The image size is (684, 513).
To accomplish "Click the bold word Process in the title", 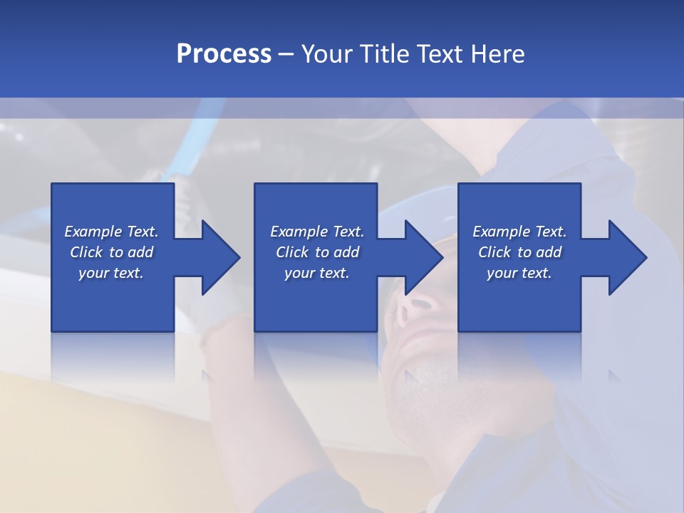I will (224, 54).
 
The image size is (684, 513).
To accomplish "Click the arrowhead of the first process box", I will (220, 257).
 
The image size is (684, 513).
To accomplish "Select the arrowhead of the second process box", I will (423, 257).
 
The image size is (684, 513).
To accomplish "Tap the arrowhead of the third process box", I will (627, 257).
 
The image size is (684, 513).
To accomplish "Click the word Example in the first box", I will (93, 232).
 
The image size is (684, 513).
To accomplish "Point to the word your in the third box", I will (502, 273).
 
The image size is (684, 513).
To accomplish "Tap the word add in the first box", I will (141, 252).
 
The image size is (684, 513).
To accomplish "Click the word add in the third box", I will (549, 252).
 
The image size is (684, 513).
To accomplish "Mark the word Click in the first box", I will (87, 252).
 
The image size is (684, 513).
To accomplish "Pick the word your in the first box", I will (93, 273).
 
